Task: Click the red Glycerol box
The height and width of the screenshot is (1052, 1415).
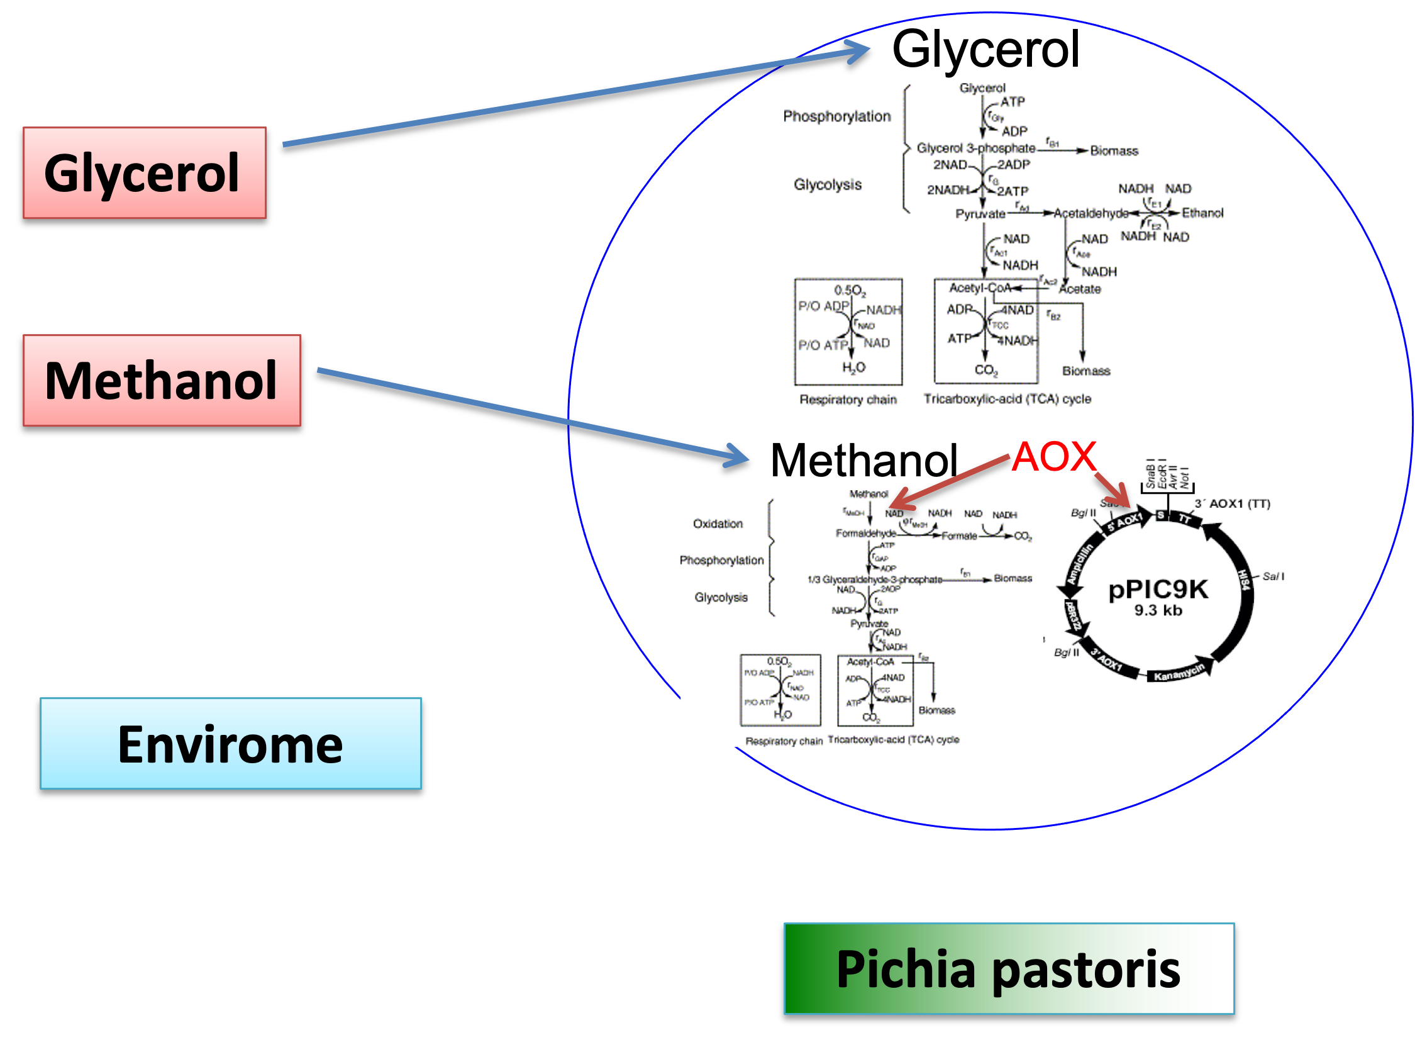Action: [x=145, y=172]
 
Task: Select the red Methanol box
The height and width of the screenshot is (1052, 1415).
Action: [x=162, y=380]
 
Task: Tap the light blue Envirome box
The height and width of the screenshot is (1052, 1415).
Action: [x=230, y=743]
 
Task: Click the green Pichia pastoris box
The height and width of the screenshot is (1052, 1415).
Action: [x=1008, y=968]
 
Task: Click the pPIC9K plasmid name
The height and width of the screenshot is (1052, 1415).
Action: [x=1158, y=589]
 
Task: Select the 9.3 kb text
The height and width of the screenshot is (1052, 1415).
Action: [x=1158, y=610]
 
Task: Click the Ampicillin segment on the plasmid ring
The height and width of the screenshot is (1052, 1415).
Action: [x=1080, y=564]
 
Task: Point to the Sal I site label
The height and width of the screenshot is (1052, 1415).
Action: [x=1273, y=576]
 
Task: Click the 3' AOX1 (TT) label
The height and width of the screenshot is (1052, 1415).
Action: [x=1233, y=504]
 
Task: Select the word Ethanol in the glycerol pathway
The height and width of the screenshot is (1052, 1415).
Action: [x=1202, y=213]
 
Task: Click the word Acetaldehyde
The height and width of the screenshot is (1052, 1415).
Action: [x=1090, y=213]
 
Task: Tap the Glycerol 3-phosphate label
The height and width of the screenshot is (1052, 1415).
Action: [x=976, y=148]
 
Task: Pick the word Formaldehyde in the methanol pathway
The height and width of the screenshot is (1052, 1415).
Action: [x=866, y=533]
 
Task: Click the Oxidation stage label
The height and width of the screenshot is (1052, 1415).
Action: [x=718, y=523]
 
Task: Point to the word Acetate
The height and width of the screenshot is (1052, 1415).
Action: [x=1080, y=289]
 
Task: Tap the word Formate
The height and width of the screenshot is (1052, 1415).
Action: [x=958, y=536]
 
